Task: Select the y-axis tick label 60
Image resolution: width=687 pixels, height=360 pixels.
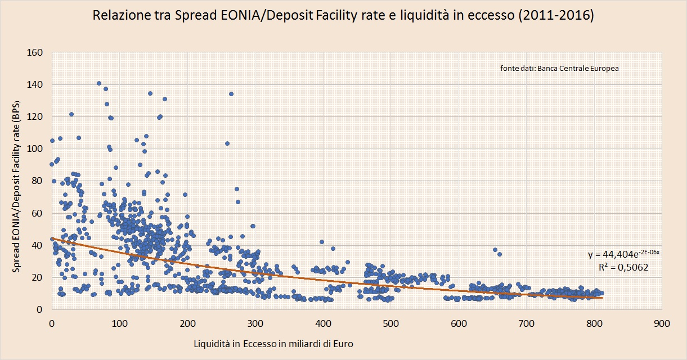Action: [x=38, y=213]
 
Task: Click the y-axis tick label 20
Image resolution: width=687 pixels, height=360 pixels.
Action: [x=38, y=277]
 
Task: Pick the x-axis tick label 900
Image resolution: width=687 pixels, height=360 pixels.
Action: [x=662, y=324]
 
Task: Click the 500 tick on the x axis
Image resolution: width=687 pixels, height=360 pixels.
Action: [x=390, y=324]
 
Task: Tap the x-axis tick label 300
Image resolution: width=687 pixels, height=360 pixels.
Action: [x=255, y=324]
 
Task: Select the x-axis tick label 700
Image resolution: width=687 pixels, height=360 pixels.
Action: [x=526, y=324]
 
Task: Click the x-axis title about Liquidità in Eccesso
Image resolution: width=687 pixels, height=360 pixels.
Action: [x=273, y=344]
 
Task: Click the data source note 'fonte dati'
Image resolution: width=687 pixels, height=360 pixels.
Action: [x=559, y=69]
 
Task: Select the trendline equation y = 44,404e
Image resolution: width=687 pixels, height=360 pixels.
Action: [x=623, y=254]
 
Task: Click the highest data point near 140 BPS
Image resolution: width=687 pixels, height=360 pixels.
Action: [x=99, y=83]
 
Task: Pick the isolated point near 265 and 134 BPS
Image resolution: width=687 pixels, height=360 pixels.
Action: [x=231, y=94]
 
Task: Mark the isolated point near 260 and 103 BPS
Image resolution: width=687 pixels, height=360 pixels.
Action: [x=227, y=143]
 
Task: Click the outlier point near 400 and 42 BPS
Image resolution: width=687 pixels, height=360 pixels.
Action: [x=322, y=242]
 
